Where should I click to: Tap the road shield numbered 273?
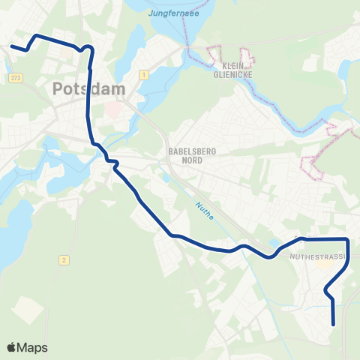click(16, 78)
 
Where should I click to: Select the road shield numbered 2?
click(65, 259)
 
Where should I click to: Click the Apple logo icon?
click(11, 347)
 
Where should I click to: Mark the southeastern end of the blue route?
click(334, 324)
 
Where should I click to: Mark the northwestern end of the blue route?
click(12, 46)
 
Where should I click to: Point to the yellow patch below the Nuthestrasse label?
click(324, 265)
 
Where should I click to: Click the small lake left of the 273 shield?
click(4, 75)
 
